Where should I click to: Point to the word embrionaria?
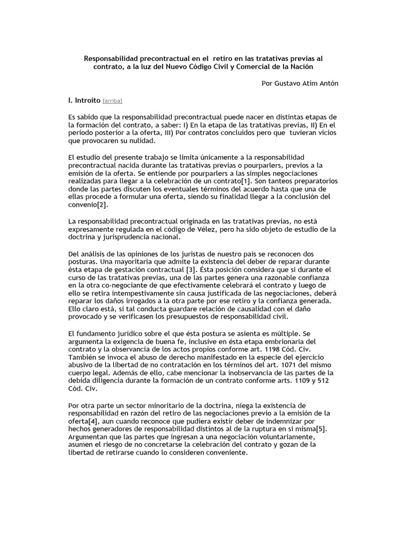(286, 342)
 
